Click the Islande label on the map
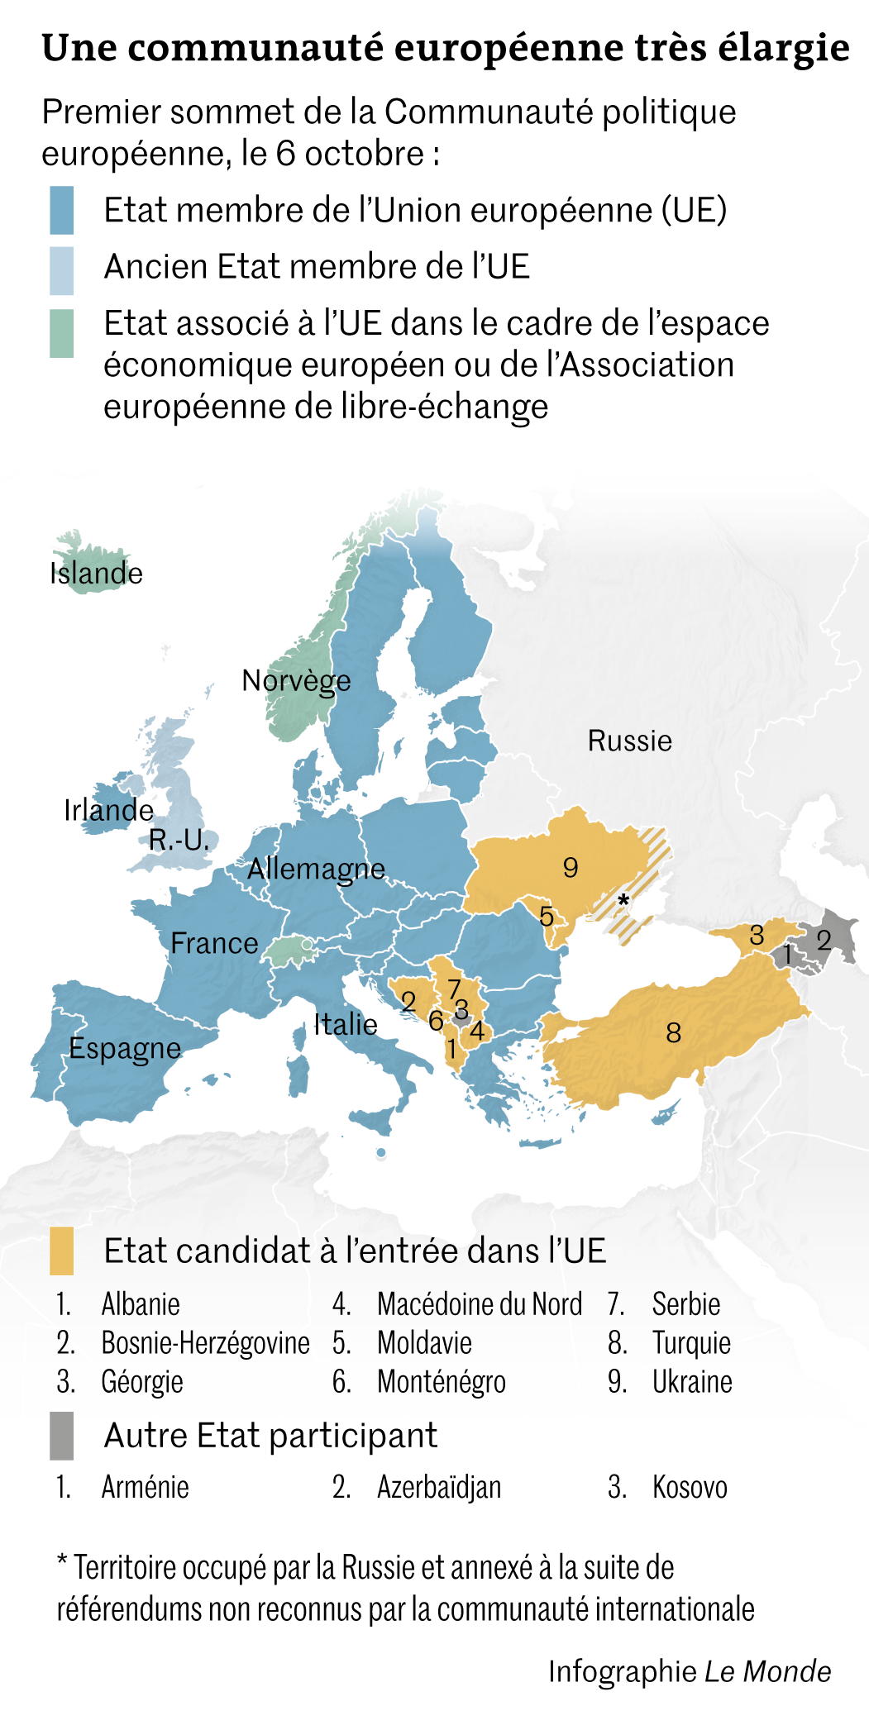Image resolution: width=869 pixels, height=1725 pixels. pos(96,574)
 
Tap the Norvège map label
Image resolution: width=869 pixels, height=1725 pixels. pos(296,680)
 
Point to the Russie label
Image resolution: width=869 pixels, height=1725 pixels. pos(629,741)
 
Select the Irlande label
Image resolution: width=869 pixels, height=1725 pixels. pos(108,810)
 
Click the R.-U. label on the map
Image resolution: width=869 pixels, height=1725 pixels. pos(179,841)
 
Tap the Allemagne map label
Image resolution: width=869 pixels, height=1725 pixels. pos(316,869)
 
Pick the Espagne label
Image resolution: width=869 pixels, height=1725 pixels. pos(124,1048)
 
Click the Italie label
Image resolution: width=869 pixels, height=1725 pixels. pos(345,1025)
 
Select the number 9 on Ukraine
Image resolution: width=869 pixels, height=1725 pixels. pos(571,867)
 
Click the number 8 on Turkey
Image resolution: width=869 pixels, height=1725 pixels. pos(674,1032)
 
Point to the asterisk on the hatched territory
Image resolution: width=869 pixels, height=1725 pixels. pos(623,899)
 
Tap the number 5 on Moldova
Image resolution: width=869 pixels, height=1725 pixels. pos(547,916)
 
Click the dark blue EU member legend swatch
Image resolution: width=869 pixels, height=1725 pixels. pos(61,210)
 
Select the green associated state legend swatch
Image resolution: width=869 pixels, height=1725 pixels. pos(61,333)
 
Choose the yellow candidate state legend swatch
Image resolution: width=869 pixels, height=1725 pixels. pos(61,1251)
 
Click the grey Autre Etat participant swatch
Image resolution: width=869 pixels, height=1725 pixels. pos(61,1436)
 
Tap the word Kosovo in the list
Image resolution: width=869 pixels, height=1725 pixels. pos(690,1488)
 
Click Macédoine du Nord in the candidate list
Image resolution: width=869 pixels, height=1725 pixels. pos(480,1304)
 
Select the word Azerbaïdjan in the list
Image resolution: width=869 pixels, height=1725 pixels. pos(439,1488)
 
